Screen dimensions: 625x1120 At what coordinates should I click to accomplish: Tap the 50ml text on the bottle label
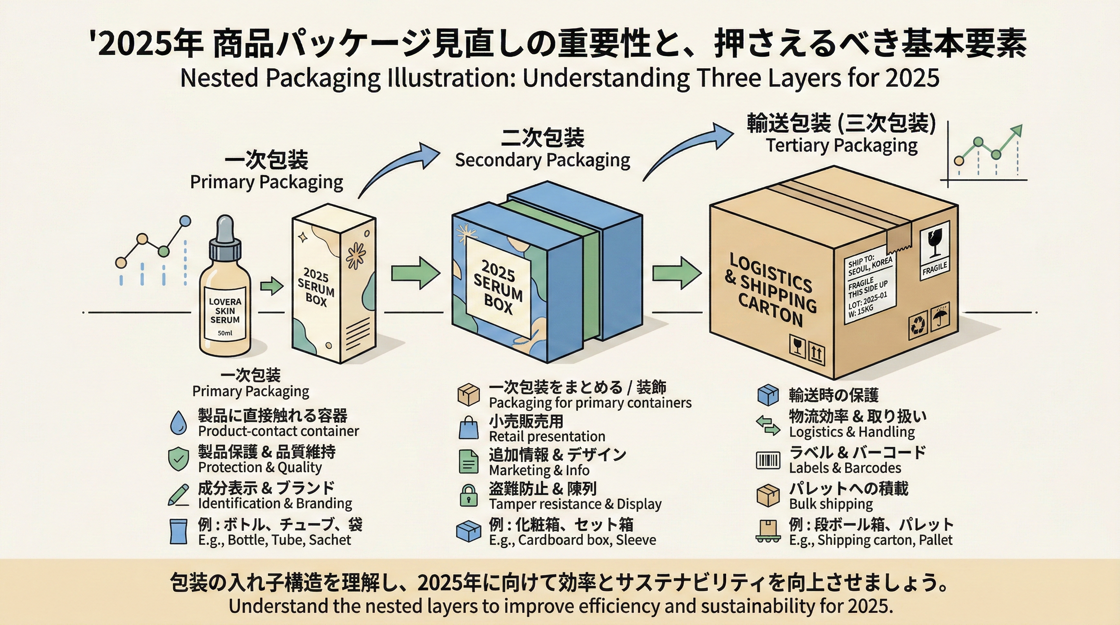coord(225,333)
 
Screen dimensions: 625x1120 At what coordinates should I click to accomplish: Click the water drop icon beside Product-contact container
coord(178,423)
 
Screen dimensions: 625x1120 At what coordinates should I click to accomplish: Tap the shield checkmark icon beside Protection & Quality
coord(178,459)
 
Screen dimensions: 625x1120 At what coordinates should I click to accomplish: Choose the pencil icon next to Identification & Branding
coord(178,495)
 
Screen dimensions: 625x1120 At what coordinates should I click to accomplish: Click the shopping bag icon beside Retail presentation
coord(468,428)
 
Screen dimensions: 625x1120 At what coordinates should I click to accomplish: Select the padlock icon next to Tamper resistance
coord(468,496)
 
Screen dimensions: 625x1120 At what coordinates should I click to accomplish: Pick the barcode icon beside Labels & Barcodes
coord(768,460)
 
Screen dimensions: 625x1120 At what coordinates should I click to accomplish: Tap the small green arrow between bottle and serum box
coord(272,286)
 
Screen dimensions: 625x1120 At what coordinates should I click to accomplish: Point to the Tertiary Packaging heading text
coord(841,146)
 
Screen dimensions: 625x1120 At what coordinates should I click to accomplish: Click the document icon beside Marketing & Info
coord(468,461)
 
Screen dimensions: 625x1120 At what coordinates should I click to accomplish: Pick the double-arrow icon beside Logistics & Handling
coord(768,425)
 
